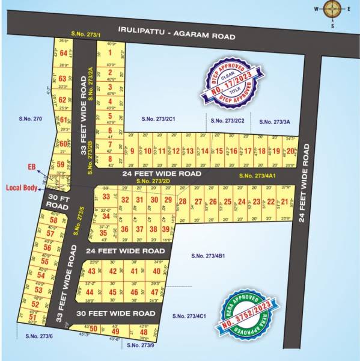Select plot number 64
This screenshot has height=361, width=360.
pos(63,53)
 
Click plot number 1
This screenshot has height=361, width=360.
pos(110,53)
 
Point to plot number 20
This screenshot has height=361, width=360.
pos(291,151)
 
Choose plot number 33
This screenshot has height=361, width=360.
pos(106,196)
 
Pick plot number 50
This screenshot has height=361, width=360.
pos(93,329)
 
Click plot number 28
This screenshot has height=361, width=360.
pos(183,202)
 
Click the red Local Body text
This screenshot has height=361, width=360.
pos(22,188)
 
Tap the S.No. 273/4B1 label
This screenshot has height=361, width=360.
pos(208,256)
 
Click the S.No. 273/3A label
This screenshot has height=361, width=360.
pos(275,122)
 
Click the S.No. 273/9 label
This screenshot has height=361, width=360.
pos(139,346)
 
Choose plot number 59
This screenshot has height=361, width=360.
pos(60,164)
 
